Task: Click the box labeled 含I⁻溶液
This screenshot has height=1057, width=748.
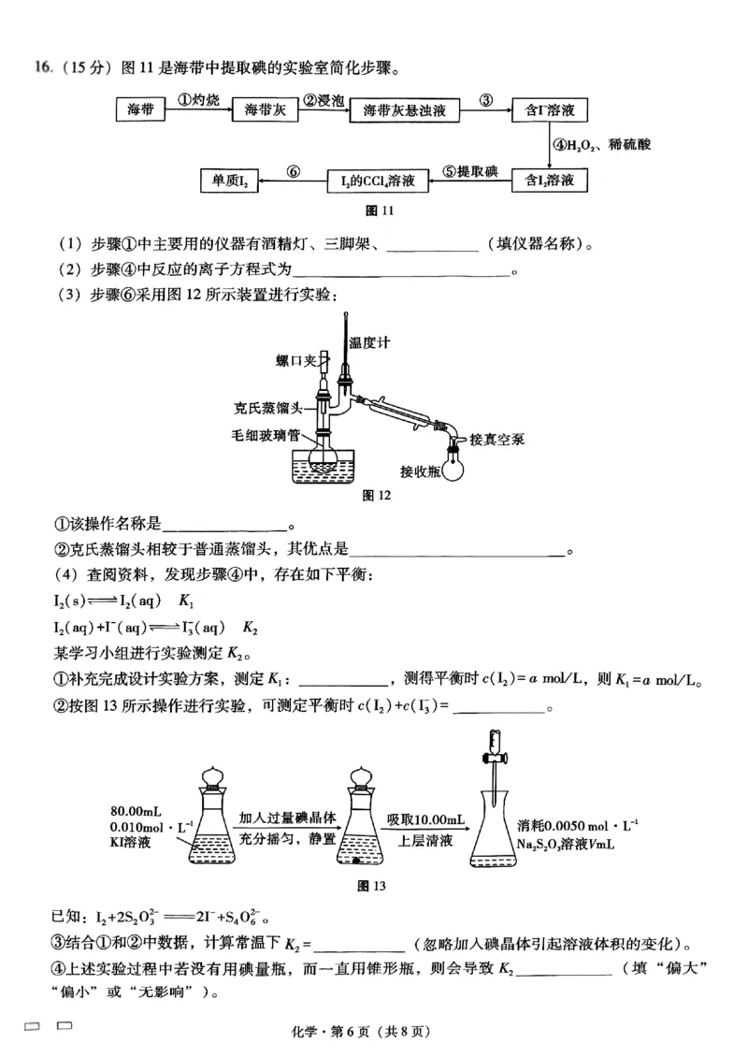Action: [550, 110]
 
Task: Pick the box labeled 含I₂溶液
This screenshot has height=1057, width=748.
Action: [550, 179]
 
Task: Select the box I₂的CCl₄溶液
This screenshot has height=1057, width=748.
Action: [378, 179]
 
